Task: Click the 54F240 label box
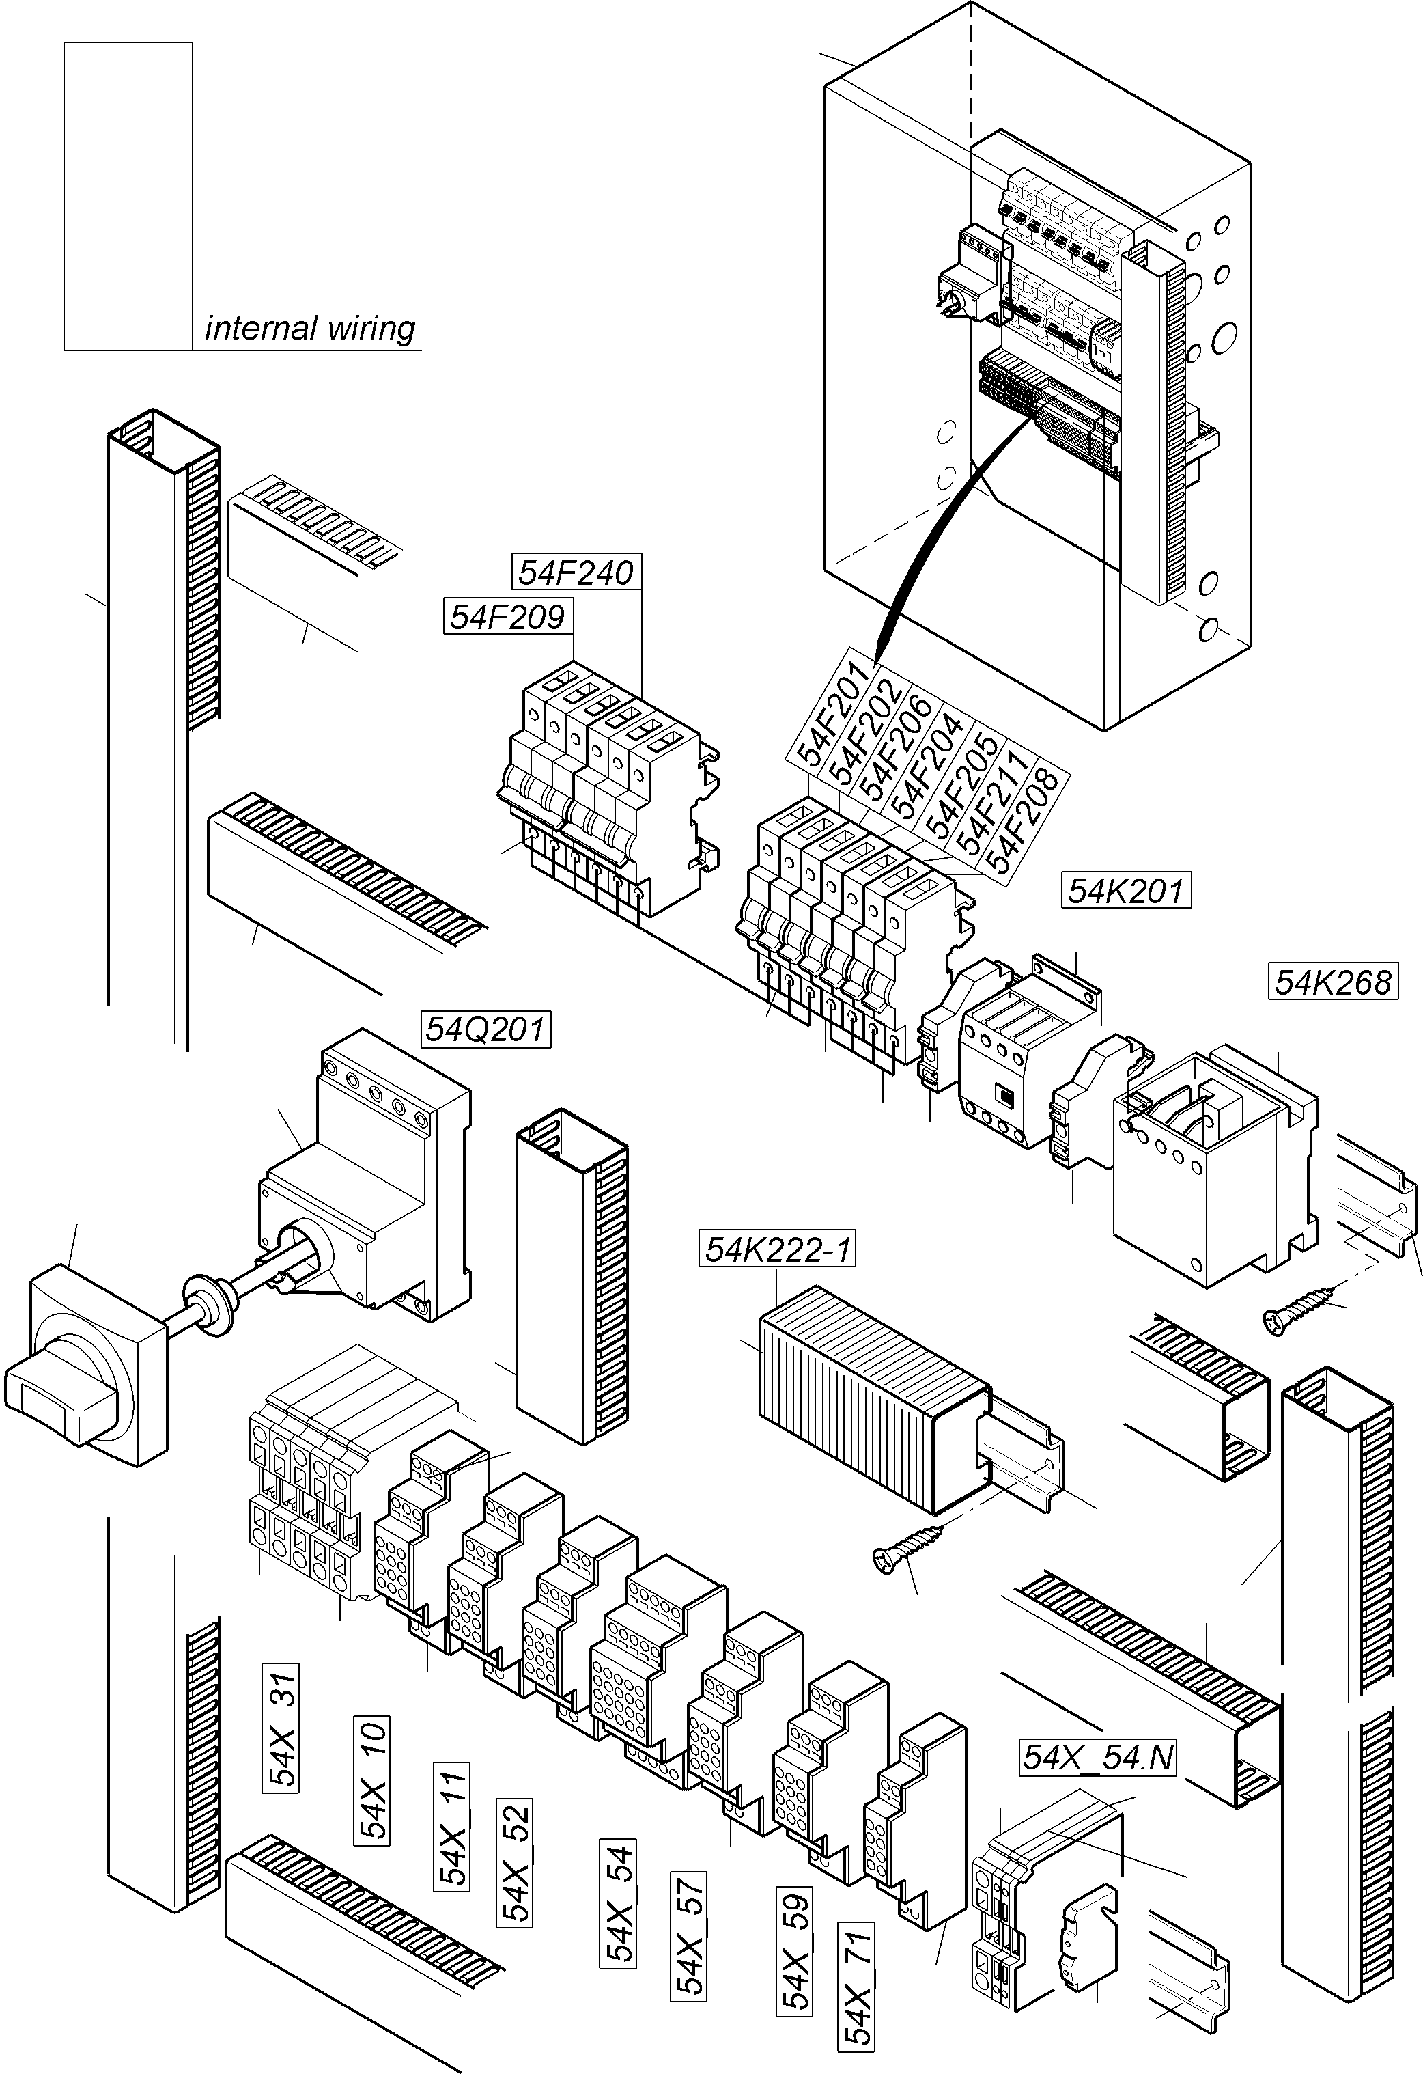[576, 572]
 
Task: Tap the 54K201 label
[1126, 891]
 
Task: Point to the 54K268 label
[1332, 982]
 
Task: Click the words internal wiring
[309, 329]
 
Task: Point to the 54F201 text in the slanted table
[826, 714]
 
